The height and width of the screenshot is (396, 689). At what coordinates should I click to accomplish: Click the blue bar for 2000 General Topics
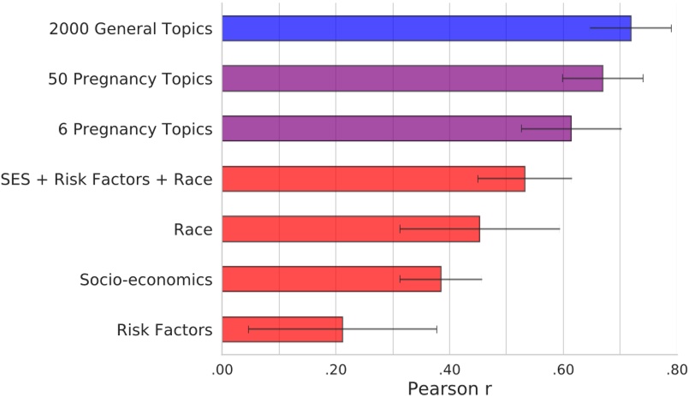[x=426, y=28]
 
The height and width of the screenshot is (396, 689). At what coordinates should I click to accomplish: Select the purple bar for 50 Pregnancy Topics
[x=412, y=79]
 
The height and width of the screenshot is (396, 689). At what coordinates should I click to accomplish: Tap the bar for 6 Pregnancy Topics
[x=396, y=128]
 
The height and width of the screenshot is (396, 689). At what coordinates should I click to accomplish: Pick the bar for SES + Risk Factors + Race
[x=373, y=179]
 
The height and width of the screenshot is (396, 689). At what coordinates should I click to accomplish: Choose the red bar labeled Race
[x=350, y=229]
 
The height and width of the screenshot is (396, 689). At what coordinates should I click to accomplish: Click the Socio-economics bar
[x=331, y=279]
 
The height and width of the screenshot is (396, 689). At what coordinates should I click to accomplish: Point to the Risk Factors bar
[x=282, y=329]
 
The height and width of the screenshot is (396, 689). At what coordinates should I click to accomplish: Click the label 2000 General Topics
[x=130, y=29]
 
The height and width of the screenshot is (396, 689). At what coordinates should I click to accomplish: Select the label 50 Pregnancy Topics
[x=130, y=80]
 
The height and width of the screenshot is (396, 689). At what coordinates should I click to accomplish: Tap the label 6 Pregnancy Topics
[x=135, y=129]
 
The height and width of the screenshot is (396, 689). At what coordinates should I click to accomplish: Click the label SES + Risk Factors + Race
[x=107, y=180]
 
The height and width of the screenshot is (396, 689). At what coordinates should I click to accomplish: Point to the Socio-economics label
[x=146, y=280]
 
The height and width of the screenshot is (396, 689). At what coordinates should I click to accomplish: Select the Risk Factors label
[x=163, y=329]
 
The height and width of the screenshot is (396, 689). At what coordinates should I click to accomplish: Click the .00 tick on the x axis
[x=222, y=369]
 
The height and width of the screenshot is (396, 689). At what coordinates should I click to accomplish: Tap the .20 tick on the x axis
[x=336, y=369]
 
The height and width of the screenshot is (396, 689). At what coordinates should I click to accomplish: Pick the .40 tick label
[x=449, y=369]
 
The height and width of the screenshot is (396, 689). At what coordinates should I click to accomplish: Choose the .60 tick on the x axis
[x=562, y=369]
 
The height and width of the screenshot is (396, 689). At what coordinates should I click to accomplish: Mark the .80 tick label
[x=676, y=369]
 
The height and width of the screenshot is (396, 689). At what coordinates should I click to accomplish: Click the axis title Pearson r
[x=448, y=388]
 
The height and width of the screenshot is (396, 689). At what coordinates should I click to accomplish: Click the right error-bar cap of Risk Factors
[x=437, y=329]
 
